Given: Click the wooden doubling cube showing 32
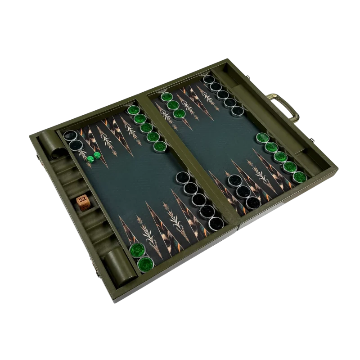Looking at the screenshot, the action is [x=82, y=203].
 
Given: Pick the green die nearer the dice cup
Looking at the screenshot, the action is [x=90, y=159].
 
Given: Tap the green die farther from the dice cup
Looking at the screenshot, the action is [x=97, y=155].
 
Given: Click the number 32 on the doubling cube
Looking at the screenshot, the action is [x=82, y=199].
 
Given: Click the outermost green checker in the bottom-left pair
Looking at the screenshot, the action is [x=145, y=264].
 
